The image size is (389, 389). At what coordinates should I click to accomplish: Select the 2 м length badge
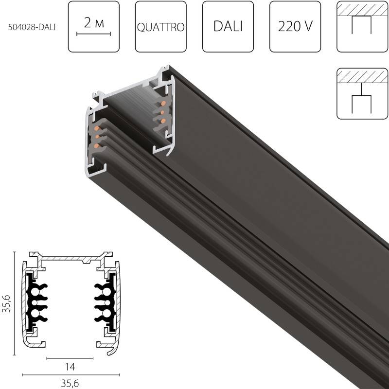pyautogui.click(x=93, y=26)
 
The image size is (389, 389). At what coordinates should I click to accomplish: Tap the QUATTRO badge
pyautogui.click(x=160, y=27)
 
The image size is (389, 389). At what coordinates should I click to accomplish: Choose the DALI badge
pyautogui.click(x=228, y=27)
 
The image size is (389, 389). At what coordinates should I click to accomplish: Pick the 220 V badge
pyautogui.click(x=295, y=27)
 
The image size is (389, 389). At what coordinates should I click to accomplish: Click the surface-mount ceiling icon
pyautogui.click(x=361, y=26)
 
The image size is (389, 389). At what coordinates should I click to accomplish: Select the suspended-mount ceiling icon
pyautogui.click(x=361, y=93)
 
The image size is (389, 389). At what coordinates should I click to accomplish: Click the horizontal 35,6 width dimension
pyautogui.click(x=71, y=384)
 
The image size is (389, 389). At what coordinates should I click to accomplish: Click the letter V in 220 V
pyautogui.click(x=308, y=27)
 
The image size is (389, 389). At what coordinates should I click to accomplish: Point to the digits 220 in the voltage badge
pyautogui.click(x=288, y=27)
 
